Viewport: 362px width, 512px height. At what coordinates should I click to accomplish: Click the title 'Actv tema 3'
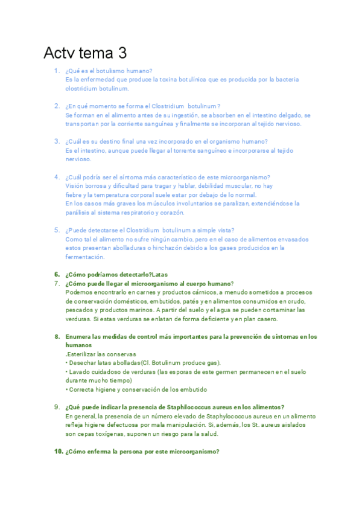tap(85, 53)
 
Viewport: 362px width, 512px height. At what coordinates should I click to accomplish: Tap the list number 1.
tap(56, 71)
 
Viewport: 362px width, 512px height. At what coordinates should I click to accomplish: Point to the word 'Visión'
tap(75, 186)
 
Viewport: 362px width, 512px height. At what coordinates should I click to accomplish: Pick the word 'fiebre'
tap(74, 195)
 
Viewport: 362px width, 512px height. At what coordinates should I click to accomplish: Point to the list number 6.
tap(56, 274)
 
